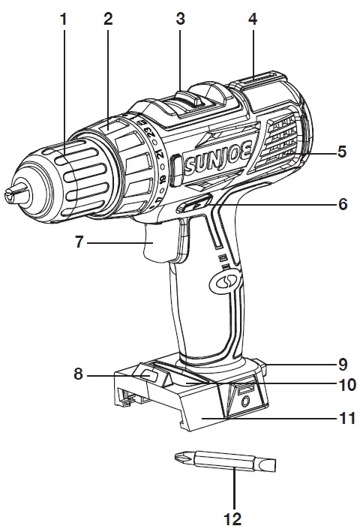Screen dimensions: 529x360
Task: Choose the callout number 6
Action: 341,203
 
